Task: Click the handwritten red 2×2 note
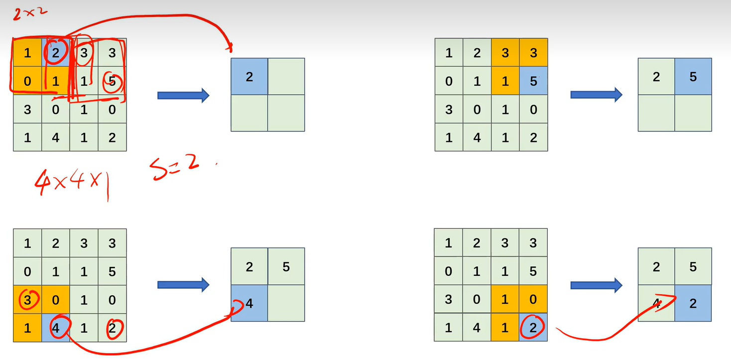[30, 12]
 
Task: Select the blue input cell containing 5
[533, 81]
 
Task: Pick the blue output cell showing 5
[693, 77]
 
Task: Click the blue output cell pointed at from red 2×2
[249, 77]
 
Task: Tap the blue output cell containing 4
[249, 303]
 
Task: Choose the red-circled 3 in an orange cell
[27, 300]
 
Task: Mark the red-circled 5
[112, 81]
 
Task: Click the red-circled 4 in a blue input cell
[56, 328]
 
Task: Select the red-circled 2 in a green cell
[112, 328]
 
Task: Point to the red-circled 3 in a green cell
[84, 53]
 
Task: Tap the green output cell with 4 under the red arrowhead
[656, 303]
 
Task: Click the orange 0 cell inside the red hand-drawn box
[27, 81]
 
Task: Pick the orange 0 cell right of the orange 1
[533, 300]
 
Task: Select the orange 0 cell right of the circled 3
[56, 300]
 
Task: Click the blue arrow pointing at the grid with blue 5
[596, 95]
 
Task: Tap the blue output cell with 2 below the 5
[693, 303]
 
